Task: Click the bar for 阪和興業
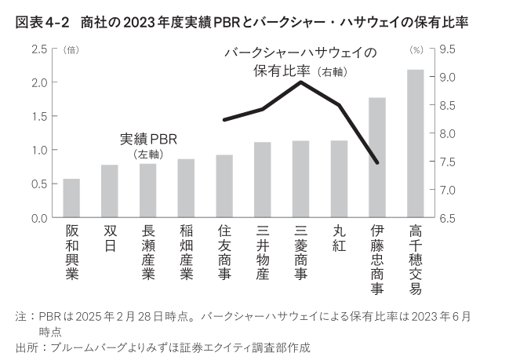tap(71, 198)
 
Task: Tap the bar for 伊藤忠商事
tap(377, 158)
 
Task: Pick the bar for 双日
tap(109, 191)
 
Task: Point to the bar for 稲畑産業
tap(186, 188)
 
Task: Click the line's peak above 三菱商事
tap(301, 82)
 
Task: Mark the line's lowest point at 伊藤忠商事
tap(377, 163)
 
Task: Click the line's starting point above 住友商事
tap(224, 120)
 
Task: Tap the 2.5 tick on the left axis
tap(38, 49)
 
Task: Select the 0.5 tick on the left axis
tap(38, 184)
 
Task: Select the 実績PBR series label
tap(148, 139)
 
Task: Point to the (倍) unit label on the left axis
tap(69, 49)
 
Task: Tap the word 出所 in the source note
tap(26, 346)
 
